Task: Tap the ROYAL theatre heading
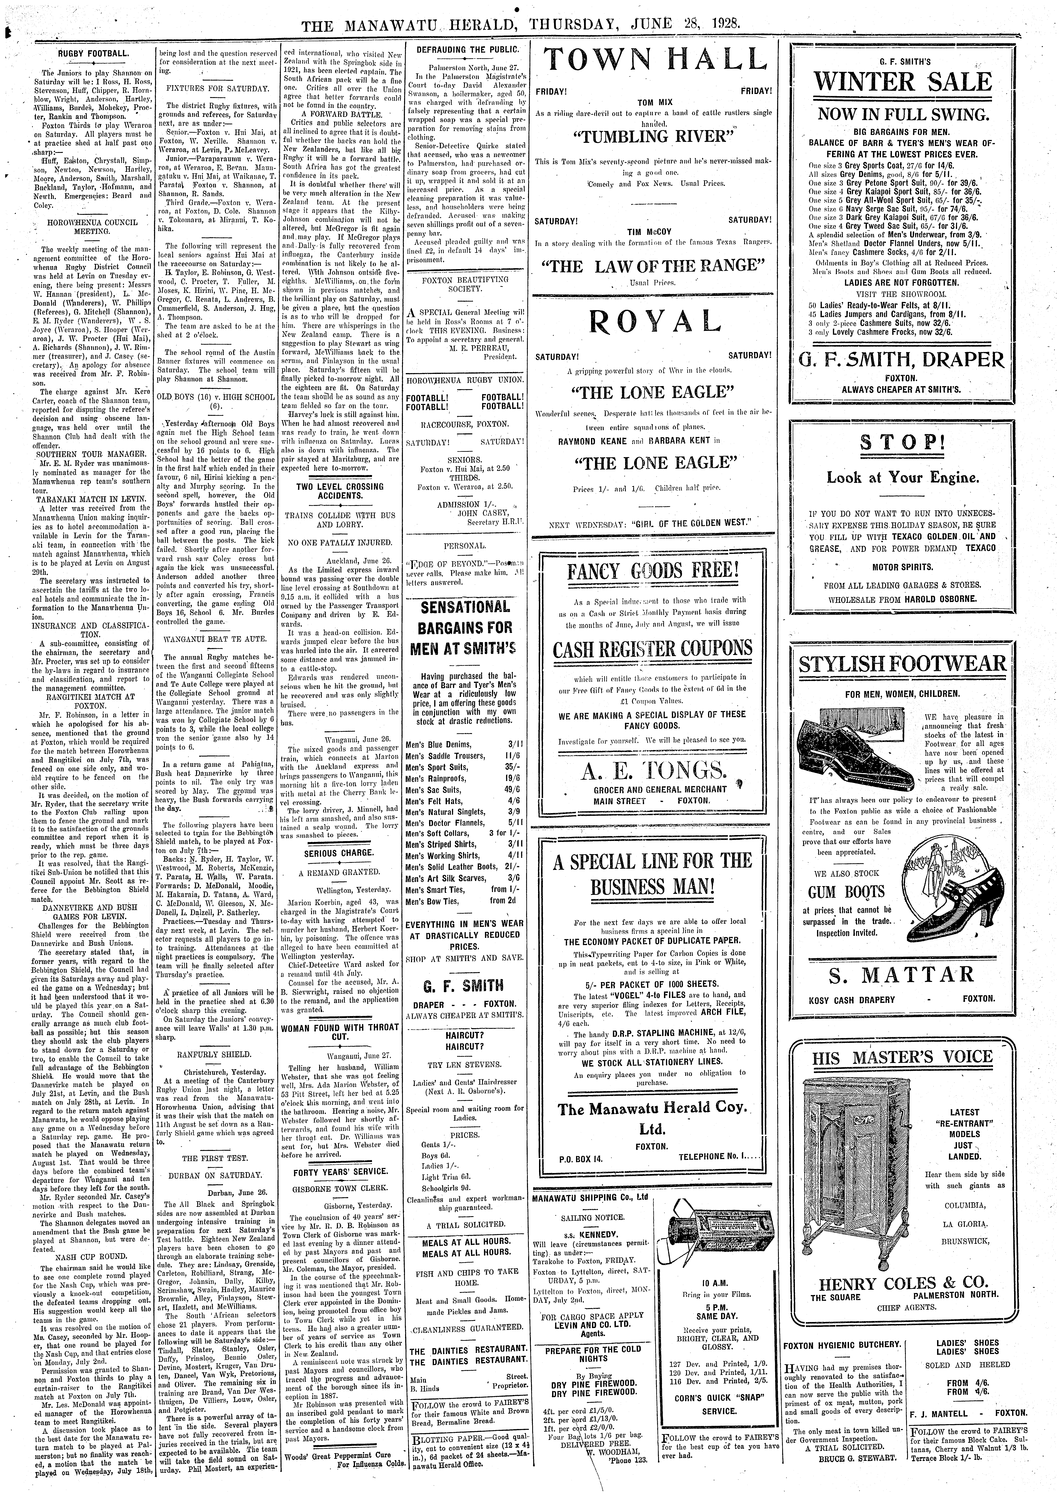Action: click(x=654, y=320)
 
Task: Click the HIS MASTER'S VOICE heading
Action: click(x=902, y=1058)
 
